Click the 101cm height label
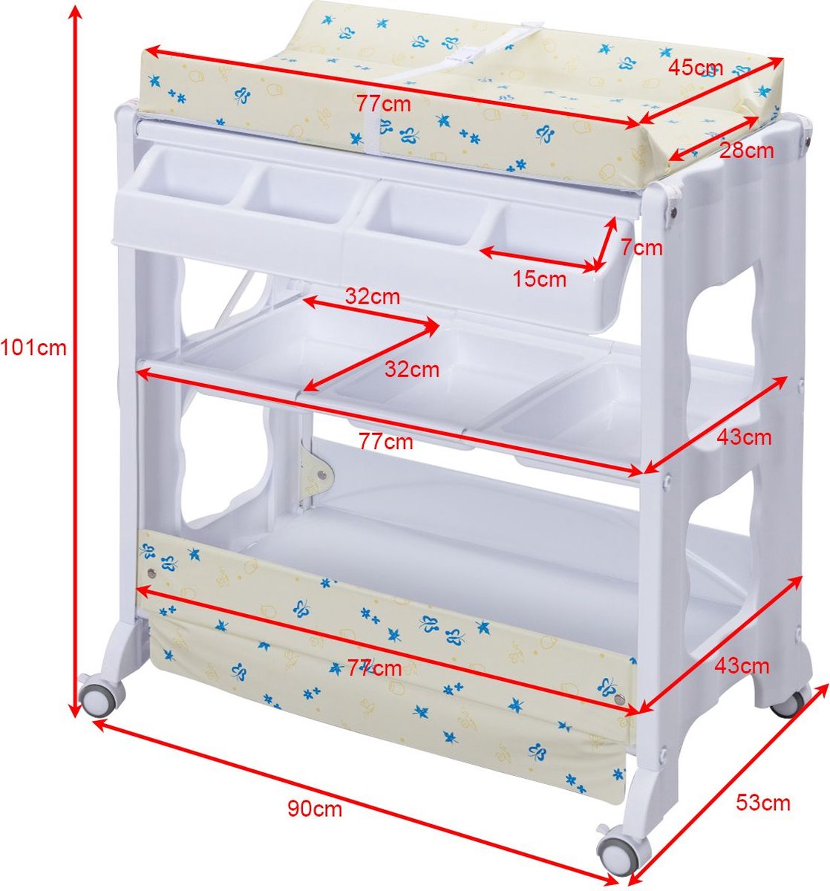(33, 347)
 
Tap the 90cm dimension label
(315, 809)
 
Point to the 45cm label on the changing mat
(696, 68)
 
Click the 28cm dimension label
(747, 151)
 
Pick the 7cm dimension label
(641, 247)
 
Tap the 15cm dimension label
(539, 279)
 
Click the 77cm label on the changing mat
(384, 104)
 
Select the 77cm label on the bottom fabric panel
(374, 668)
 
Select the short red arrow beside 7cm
(604, 244)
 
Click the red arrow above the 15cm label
(539, 259)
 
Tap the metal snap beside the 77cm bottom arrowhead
(621, 699)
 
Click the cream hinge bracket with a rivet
(317, 470)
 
